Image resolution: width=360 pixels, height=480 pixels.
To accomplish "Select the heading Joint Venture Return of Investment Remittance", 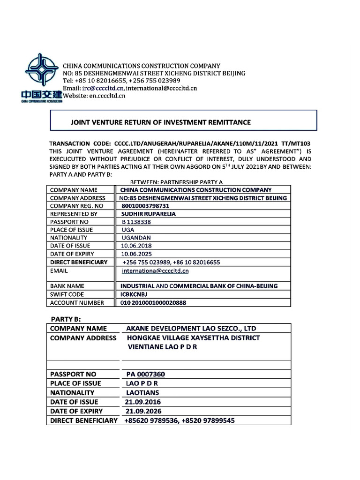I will coord(160,122).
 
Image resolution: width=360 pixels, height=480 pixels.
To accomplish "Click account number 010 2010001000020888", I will coord(153,303).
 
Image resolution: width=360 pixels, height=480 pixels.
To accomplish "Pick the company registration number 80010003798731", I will coord(145,206).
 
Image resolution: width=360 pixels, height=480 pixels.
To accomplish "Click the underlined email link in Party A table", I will coord(155,270).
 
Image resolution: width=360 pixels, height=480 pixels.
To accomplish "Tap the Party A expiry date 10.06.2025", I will coord(136,254).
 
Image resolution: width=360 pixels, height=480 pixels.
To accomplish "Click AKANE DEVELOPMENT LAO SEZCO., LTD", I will coord(191,329).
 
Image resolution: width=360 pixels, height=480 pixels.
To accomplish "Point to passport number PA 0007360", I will coord(146,374).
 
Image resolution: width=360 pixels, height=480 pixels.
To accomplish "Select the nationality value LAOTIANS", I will coord(142,393).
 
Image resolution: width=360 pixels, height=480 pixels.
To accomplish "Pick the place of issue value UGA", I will coord(127,230).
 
